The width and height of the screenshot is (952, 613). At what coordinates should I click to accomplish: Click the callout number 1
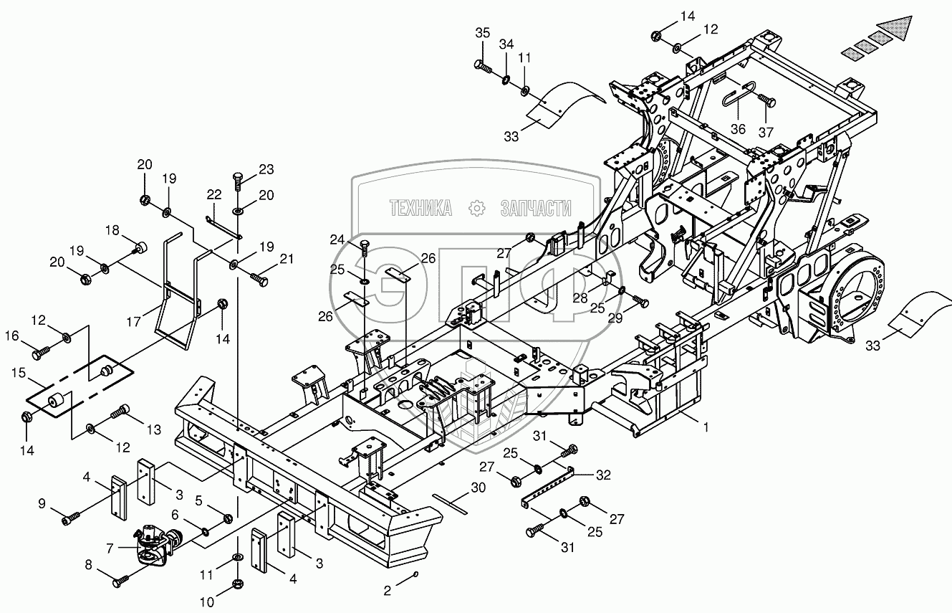tap(706, 427)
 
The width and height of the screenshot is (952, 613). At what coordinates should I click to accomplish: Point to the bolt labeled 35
tap(482, 66)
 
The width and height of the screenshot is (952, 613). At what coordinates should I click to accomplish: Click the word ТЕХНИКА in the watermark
tap(420, 208)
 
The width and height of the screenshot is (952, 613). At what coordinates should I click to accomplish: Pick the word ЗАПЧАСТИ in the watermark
tap(536, 208)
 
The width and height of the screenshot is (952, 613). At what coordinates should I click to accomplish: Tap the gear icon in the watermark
tap(476, 208)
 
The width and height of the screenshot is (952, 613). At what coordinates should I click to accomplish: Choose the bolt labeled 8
tap(120, 581)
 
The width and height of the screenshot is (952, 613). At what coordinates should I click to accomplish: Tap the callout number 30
tap(478, 488)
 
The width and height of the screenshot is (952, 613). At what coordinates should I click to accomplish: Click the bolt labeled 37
tap(767, 101)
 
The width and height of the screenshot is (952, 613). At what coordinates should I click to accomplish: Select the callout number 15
tap(19, 373)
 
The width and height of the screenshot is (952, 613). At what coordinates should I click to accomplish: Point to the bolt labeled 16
tap(42, 353)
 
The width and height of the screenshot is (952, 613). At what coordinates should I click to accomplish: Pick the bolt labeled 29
tap(640, 301)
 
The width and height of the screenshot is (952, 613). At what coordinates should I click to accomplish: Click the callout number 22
tap(214, 194)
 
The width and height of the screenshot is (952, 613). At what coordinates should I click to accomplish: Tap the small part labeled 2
tap(415, 574)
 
